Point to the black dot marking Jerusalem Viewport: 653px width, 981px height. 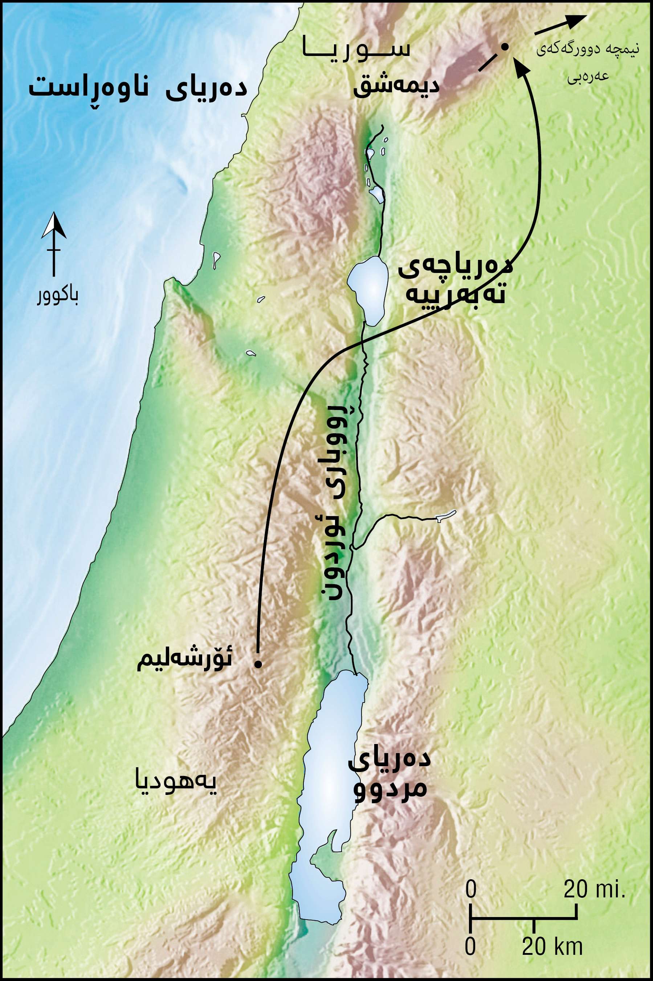pos(258,664)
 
